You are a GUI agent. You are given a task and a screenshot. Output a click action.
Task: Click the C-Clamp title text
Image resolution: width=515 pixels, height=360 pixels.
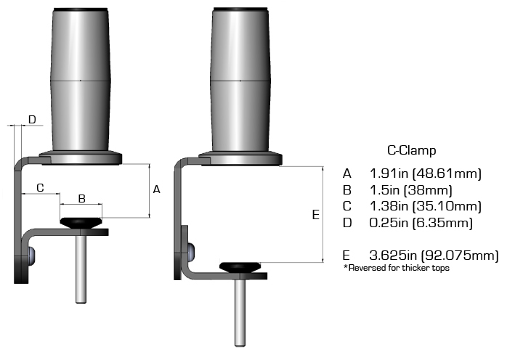pos(411,151)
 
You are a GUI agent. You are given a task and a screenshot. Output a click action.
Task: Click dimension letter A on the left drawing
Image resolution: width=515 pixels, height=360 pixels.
pos(156,189)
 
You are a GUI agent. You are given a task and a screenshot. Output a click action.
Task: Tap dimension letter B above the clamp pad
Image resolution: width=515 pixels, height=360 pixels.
pos(82,198)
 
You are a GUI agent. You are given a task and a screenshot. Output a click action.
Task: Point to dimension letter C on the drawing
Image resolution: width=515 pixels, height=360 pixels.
pos(40,188)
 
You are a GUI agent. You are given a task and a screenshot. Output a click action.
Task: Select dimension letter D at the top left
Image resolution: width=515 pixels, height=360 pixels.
pos(32,119)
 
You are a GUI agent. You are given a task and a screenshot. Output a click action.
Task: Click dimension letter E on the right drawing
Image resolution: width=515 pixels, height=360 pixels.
pos(315,215)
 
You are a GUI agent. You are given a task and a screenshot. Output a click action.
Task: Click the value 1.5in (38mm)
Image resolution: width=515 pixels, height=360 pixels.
pos(411,190)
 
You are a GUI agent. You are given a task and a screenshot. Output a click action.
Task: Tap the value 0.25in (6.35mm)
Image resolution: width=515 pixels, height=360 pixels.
pos(421,222)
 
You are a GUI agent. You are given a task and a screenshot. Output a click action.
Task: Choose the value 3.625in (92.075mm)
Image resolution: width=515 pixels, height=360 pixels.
pos(434,255)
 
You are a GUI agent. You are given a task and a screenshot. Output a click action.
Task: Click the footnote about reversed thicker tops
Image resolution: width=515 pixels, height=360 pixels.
pos(397,269)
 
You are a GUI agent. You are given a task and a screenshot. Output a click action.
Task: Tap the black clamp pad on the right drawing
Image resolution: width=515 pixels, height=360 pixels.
pos(240,266)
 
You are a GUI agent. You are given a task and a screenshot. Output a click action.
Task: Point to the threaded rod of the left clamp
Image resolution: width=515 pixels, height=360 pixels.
pos(81,269)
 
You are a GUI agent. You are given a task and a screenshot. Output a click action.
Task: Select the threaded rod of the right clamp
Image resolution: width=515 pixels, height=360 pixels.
pos(240,312)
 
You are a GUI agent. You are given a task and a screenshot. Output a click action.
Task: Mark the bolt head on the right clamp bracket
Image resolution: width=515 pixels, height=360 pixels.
pos(190,251)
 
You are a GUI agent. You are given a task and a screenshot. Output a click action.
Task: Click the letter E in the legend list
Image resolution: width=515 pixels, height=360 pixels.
pos(347,255)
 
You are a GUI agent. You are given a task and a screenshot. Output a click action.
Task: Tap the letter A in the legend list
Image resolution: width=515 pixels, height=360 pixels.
pos(347,174)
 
